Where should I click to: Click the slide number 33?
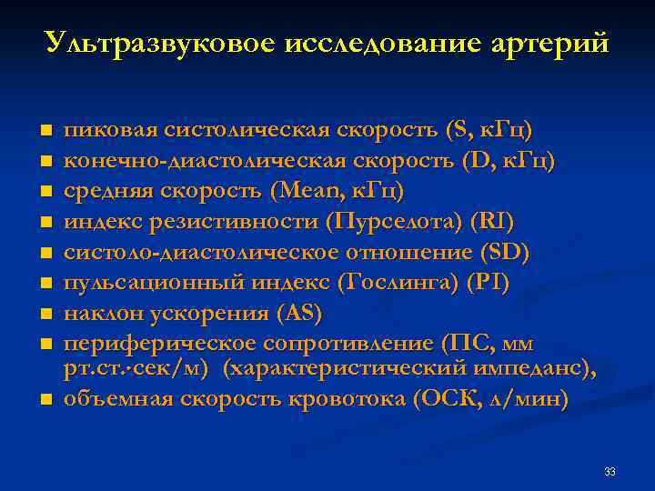click(610, 472)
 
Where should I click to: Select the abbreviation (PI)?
click(488, 283)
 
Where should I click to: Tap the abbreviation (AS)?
click(298, 314)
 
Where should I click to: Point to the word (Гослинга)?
click(396, 283)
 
